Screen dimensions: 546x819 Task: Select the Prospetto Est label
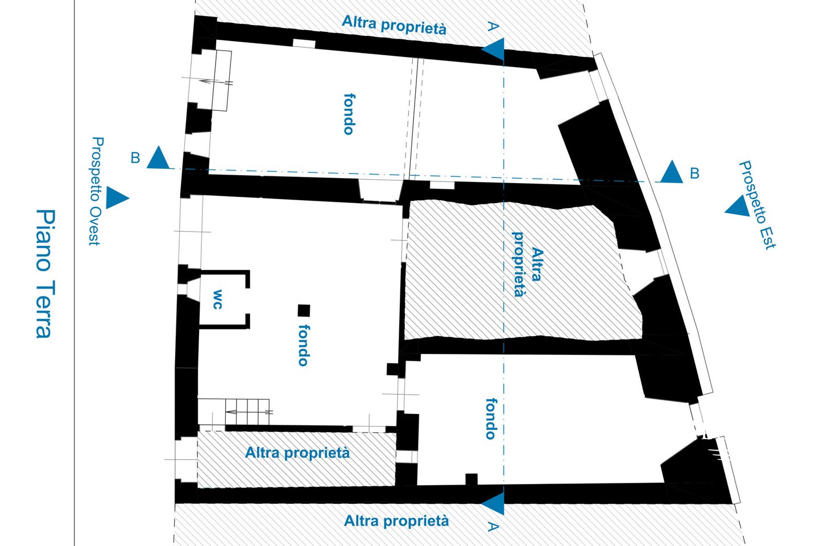757,205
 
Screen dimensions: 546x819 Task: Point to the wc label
217,299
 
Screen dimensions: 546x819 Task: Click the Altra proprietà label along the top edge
394,26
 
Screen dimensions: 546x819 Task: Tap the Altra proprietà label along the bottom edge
396,521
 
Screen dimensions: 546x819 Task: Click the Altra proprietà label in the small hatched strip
297,453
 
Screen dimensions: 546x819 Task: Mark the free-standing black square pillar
304,311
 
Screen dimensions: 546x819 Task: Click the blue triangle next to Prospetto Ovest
117,198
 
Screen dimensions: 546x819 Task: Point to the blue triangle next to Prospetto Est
738,206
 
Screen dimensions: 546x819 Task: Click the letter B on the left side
135,158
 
